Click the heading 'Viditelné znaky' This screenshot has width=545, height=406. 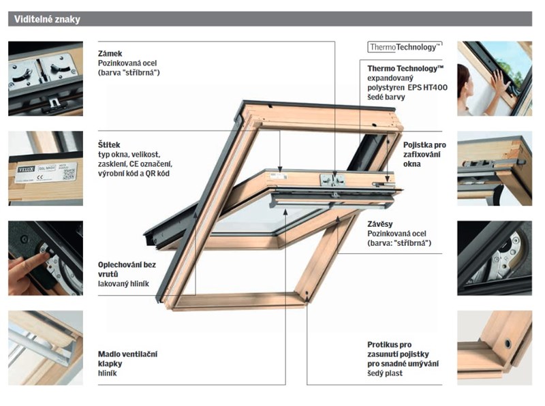47,20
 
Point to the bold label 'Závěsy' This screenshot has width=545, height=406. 379,223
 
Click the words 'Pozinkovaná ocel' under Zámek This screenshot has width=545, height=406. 129,62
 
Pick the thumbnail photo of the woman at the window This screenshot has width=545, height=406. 494,78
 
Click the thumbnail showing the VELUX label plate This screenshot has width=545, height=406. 46,168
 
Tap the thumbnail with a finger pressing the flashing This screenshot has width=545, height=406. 46,257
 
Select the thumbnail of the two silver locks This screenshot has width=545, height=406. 46,78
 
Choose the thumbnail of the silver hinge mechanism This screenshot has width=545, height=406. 494,257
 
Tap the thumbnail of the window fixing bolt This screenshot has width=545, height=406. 494,168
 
